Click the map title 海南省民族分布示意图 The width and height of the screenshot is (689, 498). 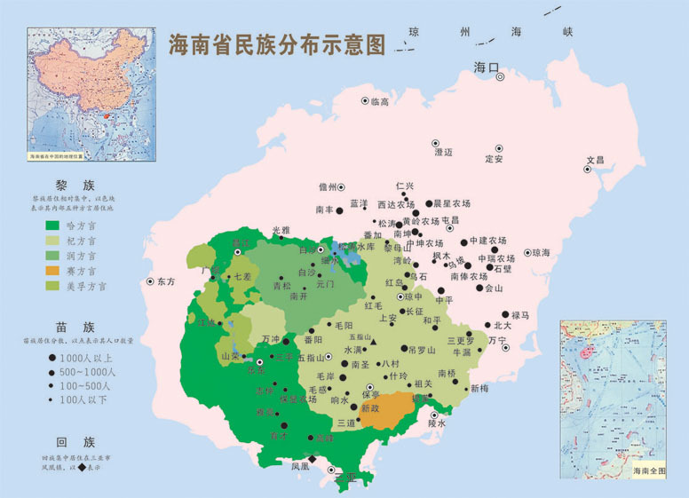[x=277, y=44]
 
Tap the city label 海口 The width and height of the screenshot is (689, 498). [x=487, y=67]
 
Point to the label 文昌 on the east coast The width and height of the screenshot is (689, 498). [x=595, y=161]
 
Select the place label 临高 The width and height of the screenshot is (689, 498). [x=380, y=102]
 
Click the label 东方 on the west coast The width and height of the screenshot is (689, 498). [x=167, y=281]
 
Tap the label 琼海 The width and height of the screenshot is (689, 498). [x=541, y=253]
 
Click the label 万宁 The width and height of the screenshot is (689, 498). [x=497, y=340]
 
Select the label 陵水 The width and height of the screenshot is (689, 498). [x=436, y=423]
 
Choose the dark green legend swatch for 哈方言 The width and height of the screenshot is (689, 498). [x=53, y=225]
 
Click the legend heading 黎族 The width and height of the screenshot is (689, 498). [x=75, y=185]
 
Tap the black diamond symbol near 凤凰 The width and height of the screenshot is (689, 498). [x=312, y=459]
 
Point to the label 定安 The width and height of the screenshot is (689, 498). [x=495, y=159]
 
